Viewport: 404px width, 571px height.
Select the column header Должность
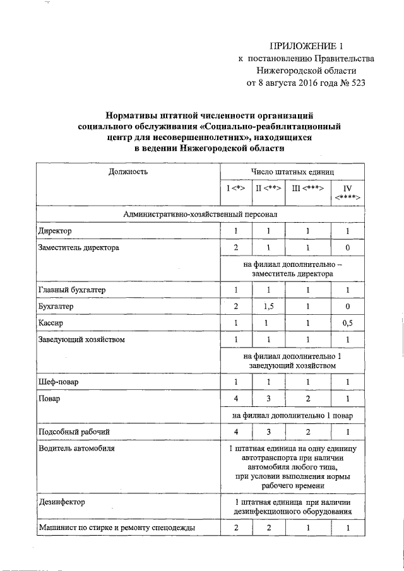pos(128,172)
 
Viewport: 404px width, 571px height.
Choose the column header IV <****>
pos(347,192)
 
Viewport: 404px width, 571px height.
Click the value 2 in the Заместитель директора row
pos(235,248)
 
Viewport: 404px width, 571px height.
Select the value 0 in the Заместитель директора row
pos(347,248)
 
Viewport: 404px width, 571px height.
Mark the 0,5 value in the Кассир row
pos(347,323)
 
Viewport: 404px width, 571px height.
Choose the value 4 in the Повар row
pos(235,399)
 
